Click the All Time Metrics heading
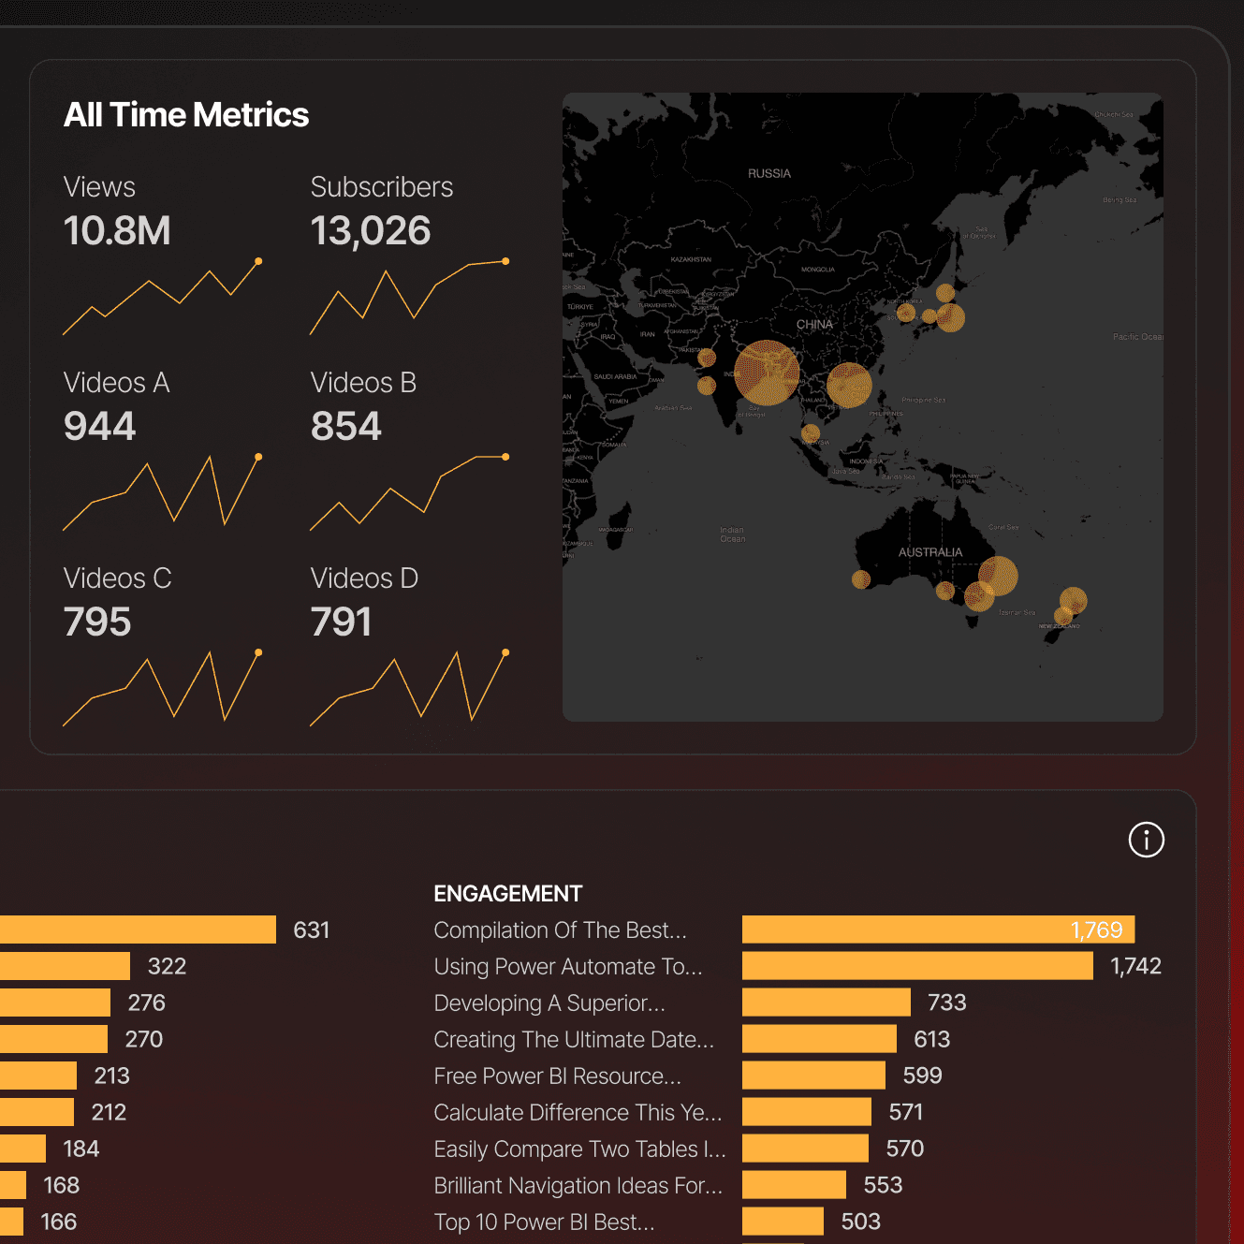[x=186, y=115]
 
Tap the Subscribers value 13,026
[x=371, y=230]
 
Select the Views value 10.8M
[x=117, y=230]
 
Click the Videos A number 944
[x=100, y=426]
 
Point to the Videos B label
[x=363, y=383]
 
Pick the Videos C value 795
[x=97, y=622]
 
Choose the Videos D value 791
[x=342, y=622]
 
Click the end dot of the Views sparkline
[x=258, y=261]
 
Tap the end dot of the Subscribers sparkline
[x=505, y=261]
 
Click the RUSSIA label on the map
[x=769, y=173]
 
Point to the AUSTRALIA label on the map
[x=930, y=552]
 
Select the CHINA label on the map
[x=814, y=325]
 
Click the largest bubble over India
[x=767, y=373]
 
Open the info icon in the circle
[x=1146, y=840]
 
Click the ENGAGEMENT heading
[x=508, y=894]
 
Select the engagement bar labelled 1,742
[x=917, y=966]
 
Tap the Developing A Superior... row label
[x=549, y=1003]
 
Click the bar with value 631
[x=138, y=929]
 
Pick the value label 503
[x=861, y=1222]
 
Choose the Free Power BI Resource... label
[x=557, y=1076]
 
